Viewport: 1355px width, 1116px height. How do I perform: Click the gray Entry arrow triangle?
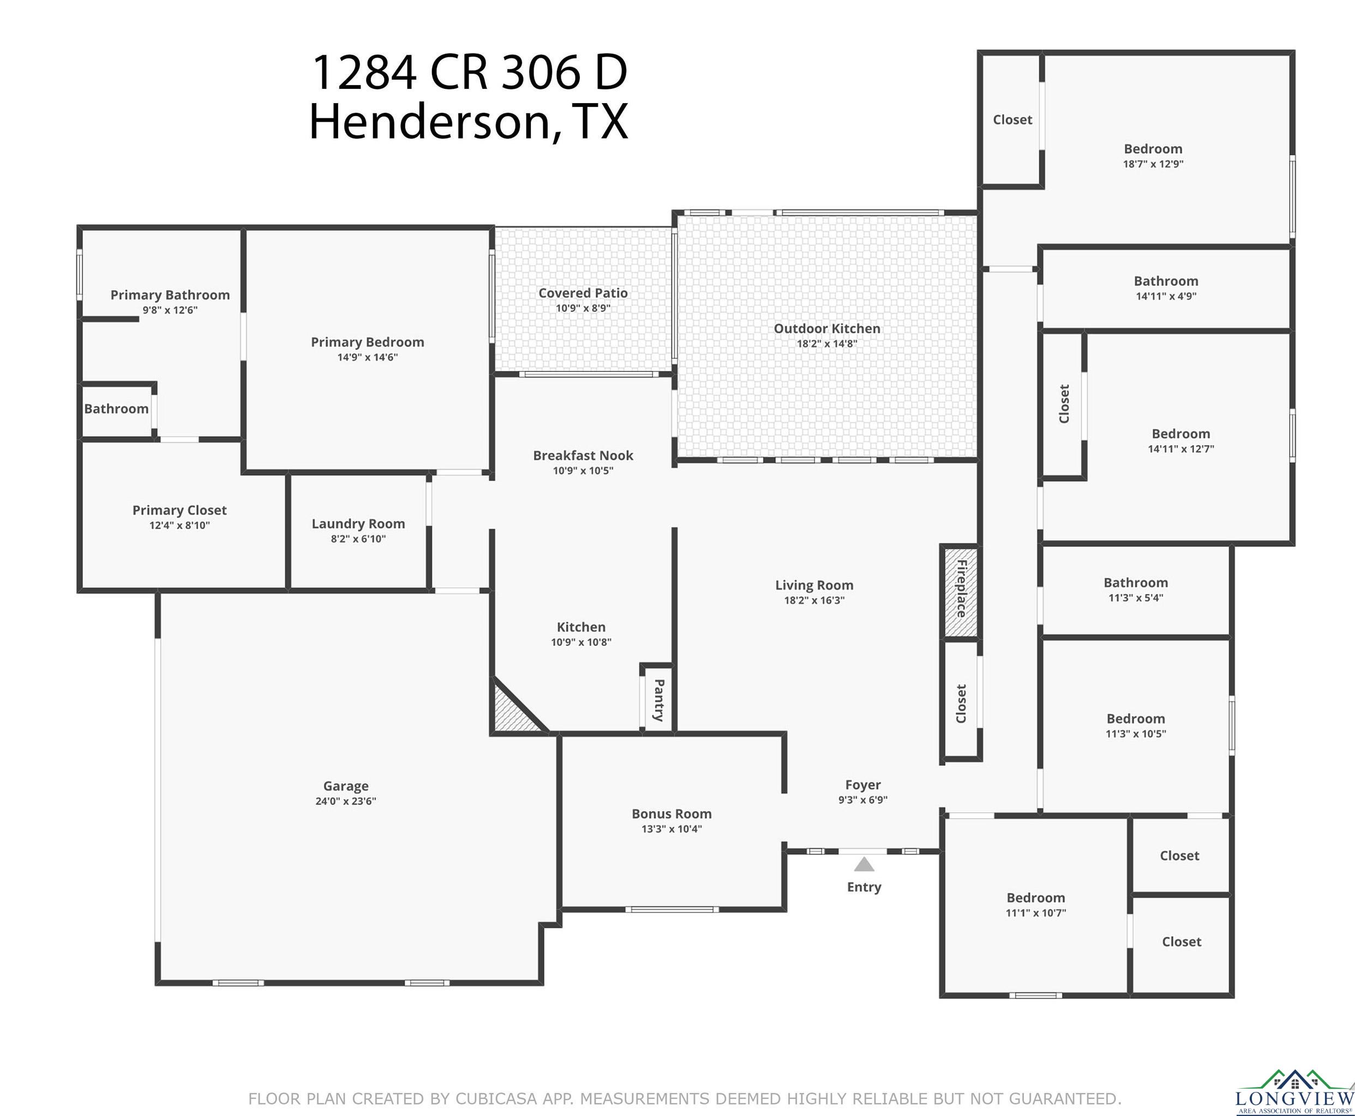pyautogui.click(x=864, y=864)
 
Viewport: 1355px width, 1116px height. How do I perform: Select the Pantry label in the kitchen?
pyautogui.click(x=659, y=699)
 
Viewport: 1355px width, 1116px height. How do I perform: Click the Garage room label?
pyautogui.click(x=346, y=785)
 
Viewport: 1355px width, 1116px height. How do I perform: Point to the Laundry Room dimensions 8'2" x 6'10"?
pyautogui.click(x=358, y=539)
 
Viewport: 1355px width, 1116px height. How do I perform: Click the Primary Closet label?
pyautogui.click(x=179, y=510)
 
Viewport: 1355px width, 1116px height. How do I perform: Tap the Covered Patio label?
pyautogui.click(x=583, y=292)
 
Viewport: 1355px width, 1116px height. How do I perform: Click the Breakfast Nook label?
pyautogui.click(x=583, y=455)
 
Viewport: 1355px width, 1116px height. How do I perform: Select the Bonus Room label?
pyautogui.click(x=671, y=813)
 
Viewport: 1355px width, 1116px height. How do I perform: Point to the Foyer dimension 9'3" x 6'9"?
pyautogui.click(x=862, y=800)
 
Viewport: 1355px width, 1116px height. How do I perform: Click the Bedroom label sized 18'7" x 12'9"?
pyautogui.click(x=1153, y=148)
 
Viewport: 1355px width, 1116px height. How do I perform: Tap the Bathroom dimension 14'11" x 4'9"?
pyautogui.click(x=1166, y=296)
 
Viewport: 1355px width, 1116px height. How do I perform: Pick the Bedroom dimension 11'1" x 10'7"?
pyautogui.click(x=1035, y=912)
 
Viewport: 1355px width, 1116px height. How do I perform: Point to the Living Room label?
pyautogui.click(x=814, y=585)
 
